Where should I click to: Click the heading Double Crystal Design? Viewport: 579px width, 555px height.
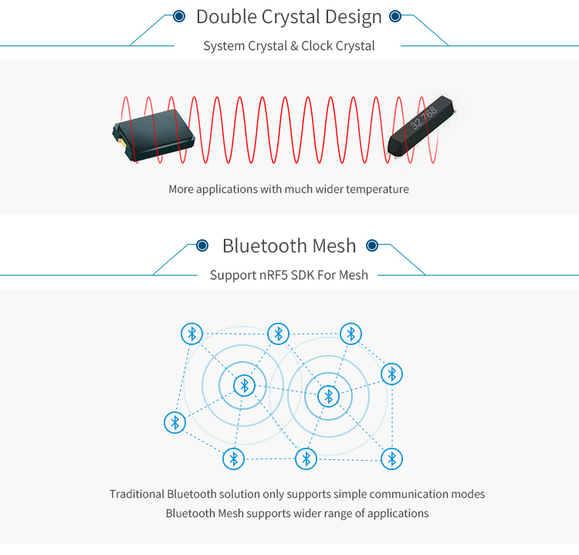289,16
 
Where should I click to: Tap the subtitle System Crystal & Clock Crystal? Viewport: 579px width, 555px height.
289,46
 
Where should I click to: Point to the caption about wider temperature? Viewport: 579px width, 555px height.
289,189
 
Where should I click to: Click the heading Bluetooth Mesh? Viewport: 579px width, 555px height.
289,245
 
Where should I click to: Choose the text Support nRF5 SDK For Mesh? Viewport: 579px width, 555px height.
289,275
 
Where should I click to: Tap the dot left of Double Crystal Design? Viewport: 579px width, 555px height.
179,15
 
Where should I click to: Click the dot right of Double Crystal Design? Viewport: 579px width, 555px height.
395,15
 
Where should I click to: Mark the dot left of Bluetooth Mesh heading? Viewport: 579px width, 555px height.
202,245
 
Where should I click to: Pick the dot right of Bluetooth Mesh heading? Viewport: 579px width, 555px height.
372,245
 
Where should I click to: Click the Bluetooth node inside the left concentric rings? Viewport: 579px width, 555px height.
245,384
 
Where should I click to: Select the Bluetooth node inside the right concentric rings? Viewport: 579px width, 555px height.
328,396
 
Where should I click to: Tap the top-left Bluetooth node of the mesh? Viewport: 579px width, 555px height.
192,334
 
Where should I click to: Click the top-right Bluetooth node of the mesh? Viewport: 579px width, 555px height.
351,333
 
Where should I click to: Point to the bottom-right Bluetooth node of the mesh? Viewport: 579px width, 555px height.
392,459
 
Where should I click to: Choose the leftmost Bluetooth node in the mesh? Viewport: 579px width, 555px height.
175,422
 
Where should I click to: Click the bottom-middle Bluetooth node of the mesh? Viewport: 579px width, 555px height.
306,459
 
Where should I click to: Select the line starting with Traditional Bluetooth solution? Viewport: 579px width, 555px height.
297,494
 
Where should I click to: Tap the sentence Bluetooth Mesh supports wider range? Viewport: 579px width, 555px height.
297,513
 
